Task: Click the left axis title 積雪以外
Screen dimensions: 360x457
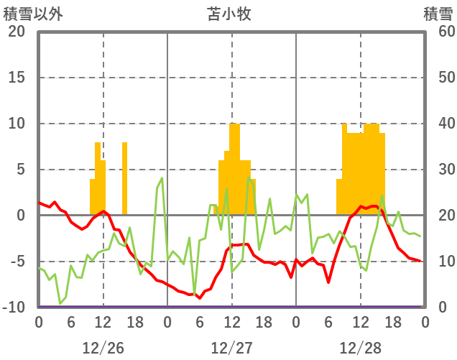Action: click(28, 13)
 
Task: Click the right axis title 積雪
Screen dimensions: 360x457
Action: click(437, 13)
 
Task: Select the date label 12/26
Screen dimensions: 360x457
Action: click(103, 348)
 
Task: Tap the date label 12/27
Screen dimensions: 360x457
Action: click(231, 348)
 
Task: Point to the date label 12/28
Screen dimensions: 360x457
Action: click(360, 348)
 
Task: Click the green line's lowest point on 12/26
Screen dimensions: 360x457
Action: click(60, 303)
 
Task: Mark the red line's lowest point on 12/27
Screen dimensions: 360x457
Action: click(200, 297)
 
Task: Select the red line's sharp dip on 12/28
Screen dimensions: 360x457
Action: click(328, 282)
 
